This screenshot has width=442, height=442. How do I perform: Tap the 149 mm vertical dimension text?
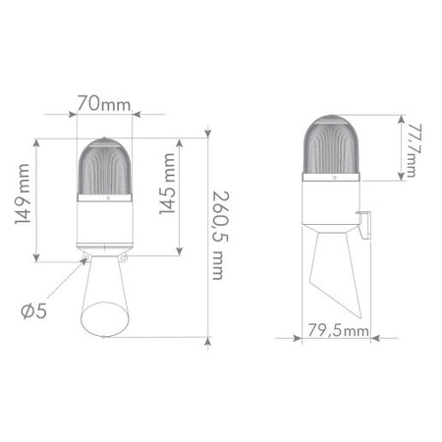click(21, 201)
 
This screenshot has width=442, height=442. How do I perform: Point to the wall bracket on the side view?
click(365, 228)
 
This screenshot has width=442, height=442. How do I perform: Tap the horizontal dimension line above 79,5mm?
click(337, 339)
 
